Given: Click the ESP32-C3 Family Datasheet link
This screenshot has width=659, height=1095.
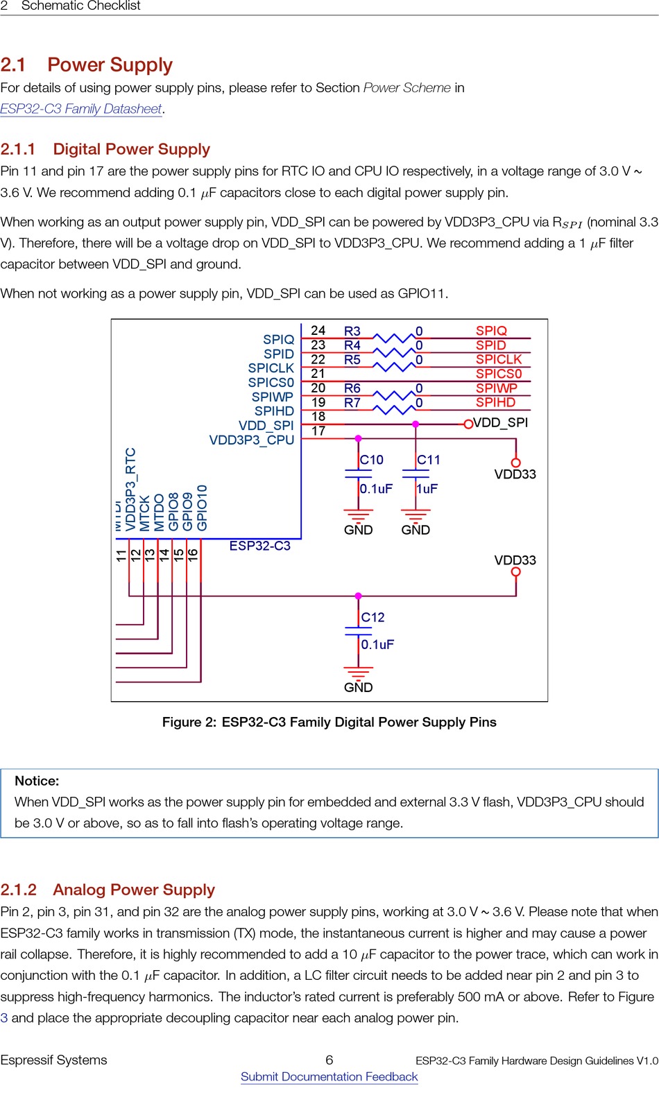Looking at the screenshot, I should coord(81,109).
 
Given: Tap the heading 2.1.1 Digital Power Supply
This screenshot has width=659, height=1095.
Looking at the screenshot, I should coord(105,149).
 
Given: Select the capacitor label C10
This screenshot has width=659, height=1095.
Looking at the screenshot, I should coord(372,460).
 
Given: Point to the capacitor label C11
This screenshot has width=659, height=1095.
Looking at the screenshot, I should coord(429,460).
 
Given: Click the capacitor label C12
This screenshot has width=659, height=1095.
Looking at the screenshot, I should coord(373,617).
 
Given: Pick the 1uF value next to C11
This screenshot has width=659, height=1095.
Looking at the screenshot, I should coord(427,489).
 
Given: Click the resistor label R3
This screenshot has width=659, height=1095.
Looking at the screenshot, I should coord(352,331).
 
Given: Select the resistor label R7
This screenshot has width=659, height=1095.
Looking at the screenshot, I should coord(352,403).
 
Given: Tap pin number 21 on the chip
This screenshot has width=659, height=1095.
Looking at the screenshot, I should coord(318,374).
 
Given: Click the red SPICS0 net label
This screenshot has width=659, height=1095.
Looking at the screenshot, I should coord(498,374).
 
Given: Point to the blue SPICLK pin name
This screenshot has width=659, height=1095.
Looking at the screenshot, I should coord(271,368).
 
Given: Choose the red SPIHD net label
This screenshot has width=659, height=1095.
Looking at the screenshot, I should coord(495,402).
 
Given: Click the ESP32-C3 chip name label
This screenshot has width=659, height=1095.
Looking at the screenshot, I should coord(260,546).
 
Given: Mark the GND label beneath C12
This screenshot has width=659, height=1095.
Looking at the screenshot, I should coord(359,687).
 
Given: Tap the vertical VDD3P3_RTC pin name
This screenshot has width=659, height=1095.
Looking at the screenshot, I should coord(130,489).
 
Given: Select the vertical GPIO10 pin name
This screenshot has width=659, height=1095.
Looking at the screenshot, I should coord(202,508).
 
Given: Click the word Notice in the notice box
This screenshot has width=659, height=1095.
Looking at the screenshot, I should coord(37,781).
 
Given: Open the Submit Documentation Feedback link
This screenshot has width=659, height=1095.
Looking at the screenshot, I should coord(329,1076).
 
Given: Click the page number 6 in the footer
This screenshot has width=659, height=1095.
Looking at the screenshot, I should coord(329,1060).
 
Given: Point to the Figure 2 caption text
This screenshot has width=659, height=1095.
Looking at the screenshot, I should coord(329,722).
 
